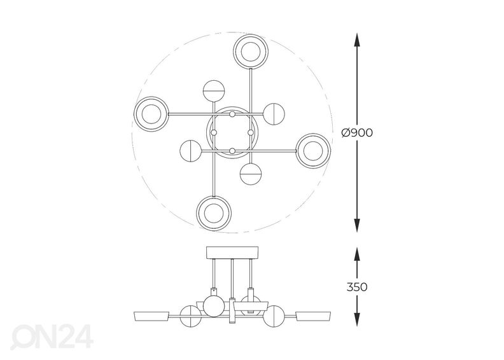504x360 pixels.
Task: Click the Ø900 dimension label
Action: point(357,133)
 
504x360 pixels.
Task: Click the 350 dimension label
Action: point(357,287)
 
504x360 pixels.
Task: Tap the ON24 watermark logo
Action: point(52,336)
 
